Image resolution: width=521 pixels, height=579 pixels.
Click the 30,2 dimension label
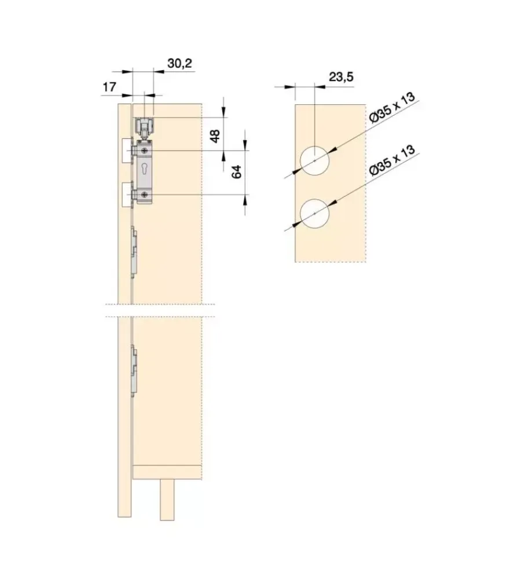pyautogui.click(x=180, y=63)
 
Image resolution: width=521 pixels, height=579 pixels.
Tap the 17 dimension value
pyautogui.click(x=109, y=87)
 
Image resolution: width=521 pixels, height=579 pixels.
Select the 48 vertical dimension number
pyautogui.click(x=215, y=135)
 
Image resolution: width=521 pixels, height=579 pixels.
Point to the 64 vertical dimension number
pyautogui.click(x=236, y=172)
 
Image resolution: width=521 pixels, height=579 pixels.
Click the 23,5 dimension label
pyautogui.click(x=341, y=77)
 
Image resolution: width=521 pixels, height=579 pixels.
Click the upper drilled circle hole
pyautogui.click(x=314, y=160)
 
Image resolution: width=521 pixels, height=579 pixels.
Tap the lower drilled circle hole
pyautogui.click(x=314, y=214)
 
